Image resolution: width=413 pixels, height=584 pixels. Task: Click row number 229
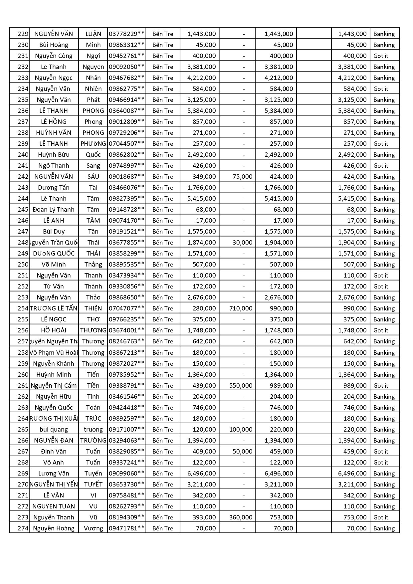23,34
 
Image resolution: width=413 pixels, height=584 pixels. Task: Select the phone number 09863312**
126,45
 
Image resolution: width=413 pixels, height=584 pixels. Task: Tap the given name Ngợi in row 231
93,56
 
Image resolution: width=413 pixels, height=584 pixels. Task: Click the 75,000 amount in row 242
242,176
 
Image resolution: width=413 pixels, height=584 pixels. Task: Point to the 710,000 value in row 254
241,308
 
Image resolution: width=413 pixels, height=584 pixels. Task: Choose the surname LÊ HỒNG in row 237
54,121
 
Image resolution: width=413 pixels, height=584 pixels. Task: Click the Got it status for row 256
381,330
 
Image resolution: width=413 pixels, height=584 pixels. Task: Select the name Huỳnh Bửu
54,154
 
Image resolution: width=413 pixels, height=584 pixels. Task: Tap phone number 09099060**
126,473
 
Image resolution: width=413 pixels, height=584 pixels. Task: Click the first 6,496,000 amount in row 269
201,473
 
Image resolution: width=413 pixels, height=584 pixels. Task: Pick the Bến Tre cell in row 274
163,528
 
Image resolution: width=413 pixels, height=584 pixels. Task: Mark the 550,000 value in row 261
241,385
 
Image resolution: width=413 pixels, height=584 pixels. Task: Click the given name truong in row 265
93,429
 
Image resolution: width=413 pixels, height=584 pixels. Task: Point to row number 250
23,264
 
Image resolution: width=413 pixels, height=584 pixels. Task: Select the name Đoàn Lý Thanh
54,209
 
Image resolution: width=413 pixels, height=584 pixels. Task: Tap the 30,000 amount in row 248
242,242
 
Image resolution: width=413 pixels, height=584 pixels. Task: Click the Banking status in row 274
384,528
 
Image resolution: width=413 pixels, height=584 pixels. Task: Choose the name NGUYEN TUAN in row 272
54,506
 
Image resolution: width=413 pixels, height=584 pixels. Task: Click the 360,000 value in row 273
241,517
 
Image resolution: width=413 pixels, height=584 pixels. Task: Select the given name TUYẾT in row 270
93,484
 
